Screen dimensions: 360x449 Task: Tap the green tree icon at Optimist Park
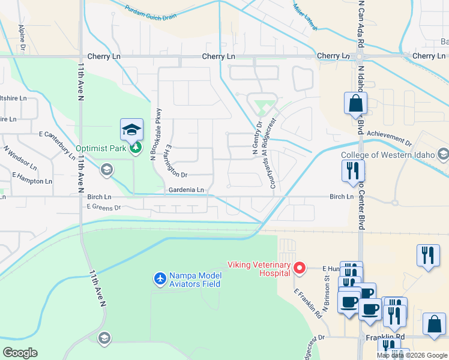tap(136, 148)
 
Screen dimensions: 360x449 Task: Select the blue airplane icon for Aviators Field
tap(160, 279)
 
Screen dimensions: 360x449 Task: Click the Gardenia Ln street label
tap(186, 190)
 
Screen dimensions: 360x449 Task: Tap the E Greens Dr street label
tap(104, 207)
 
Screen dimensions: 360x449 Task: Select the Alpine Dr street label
tap(22, 36)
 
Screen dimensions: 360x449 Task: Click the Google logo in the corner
tap(20, 353)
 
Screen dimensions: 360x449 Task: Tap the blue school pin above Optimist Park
tap(131, 129)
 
